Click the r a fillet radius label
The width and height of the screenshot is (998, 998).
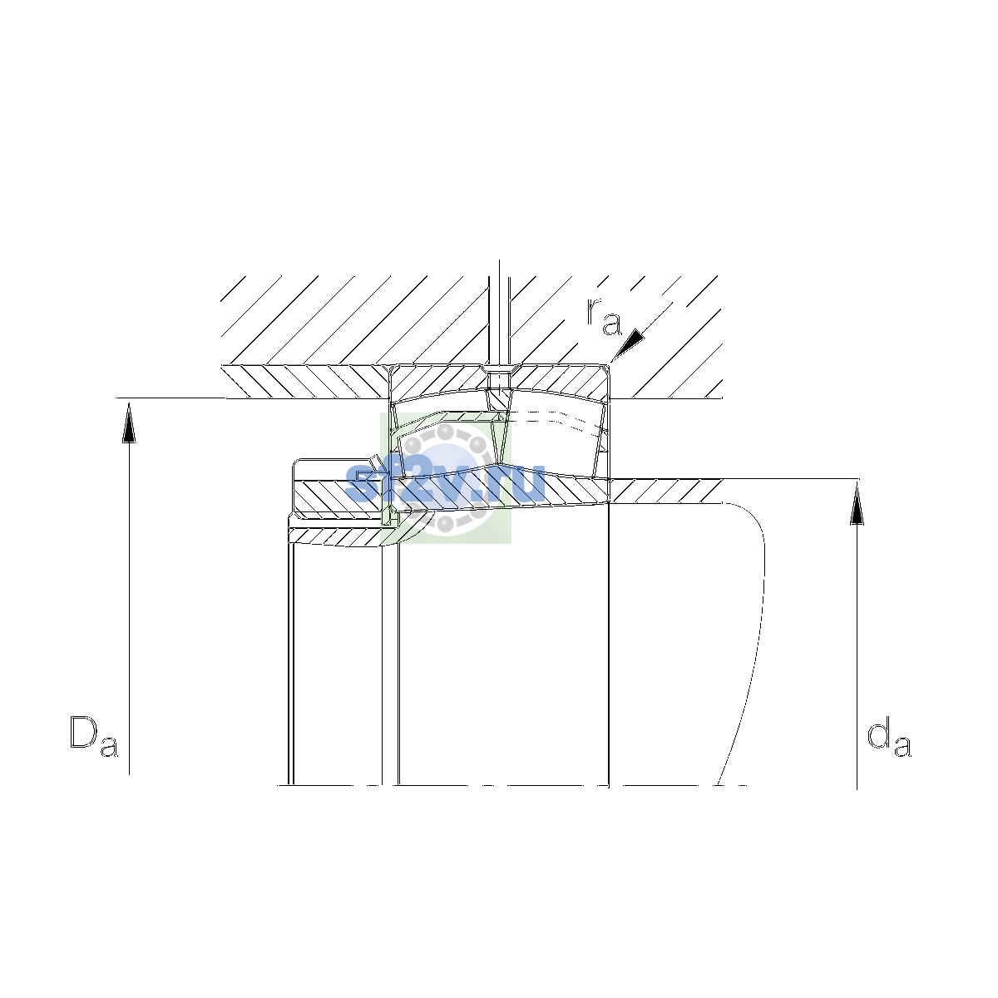click(604, 316)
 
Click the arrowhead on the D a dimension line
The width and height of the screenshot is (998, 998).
click(129, 422)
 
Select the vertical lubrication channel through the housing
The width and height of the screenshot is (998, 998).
click(499, 320)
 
